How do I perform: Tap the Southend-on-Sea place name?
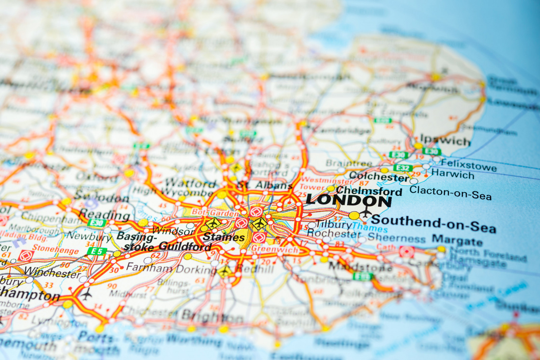pos(434,224)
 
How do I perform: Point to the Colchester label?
pos(379,176)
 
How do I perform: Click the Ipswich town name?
pos(445,140)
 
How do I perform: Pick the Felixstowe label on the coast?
pos(469,165)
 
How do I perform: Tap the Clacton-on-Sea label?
pos(451,193)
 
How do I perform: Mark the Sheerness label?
pos(397,238)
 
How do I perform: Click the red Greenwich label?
pos(275,249)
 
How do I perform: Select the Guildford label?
pos(185,247)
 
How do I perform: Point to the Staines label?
pos(223,237)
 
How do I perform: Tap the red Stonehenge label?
pos(56,249)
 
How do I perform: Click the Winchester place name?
pos(52,272)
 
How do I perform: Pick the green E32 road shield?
pos(403,168)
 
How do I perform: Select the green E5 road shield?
pos(97,251)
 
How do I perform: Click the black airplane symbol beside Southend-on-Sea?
pos(366,212)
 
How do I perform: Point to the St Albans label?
pos(265,185)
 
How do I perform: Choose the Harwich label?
pos(453,174)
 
